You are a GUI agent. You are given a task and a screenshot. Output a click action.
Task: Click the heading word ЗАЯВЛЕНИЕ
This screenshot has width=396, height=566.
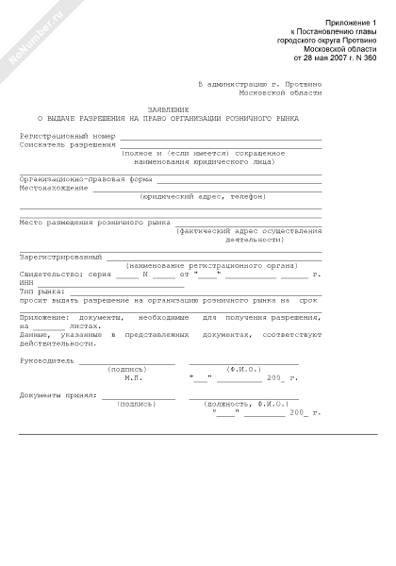(171, 109)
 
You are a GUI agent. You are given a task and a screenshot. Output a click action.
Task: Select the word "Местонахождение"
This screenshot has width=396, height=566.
(54, 187)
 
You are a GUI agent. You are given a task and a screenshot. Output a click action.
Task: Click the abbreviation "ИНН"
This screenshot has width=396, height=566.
(26, 282)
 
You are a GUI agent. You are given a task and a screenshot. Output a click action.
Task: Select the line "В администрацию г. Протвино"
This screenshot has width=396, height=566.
(260, 84)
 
